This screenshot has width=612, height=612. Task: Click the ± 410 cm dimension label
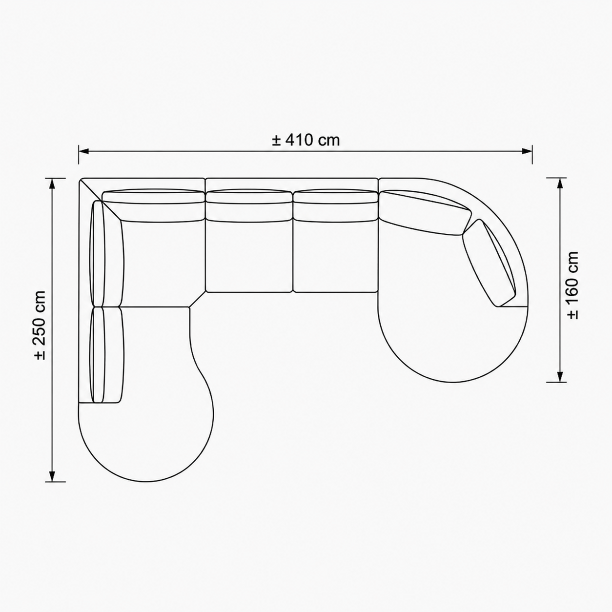coord(306,140)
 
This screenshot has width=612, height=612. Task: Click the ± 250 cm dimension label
coord(41,325)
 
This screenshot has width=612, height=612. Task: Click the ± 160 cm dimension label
coord(572,285)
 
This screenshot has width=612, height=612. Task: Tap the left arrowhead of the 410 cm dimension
coord(83,151)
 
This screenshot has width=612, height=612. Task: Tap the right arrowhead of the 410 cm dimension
coord(527,151)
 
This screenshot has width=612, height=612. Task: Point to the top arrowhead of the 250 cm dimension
coord(52,184)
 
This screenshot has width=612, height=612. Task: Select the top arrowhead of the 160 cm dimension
coord(560,183)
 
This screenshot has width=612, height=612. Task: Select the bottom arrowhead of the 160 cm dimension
coord(560,377)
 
